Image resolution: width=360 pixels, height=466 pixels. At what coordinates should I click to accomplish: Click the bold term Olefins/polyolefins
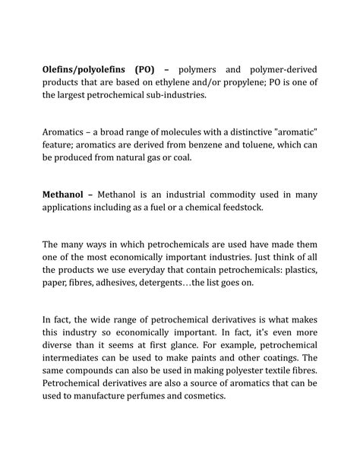[x=85, y=70]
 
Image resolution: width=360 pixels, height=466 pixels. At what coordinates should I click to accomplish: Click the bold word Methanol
[x=65, y=195]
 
